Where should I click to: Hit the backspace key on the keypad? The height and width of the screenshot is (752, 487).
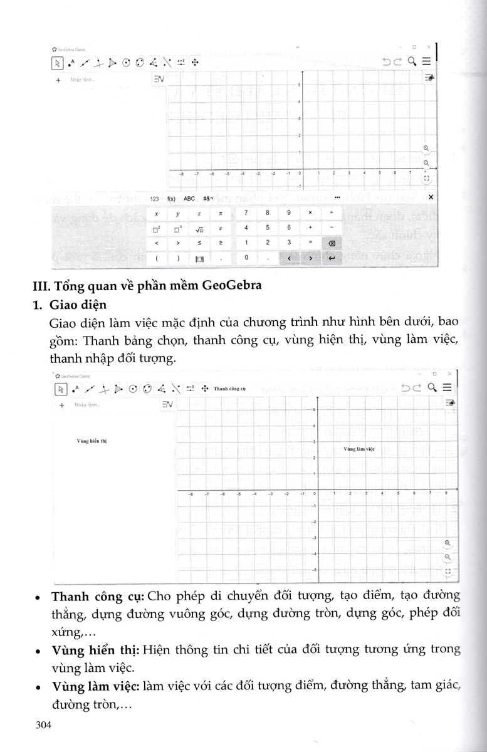(332, 243)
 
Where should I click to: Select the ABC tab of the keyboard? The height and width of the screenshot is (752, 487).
(189, 198)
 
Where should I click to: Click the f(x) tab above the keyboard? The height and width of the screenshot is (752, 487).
(171, 198)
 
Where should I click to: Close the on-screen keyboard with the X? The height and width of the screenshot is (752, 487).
(430, 197)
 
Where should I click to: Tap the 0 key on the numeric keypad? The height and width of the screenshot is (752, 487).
(246, 258)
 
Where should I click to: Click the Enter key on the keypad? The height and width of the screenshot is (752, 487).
(332, 258)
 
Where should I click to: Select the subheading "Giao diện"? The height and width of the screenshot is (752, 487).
(80, 305)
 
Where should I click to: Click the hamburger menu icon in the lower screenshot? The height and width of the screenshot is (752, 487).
(447, 388)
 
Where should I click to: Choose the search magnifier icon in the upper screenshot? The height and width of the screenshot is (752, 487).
(412, 61)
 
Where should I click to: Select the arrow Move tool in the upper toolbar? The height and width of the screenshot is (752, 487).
(57, 62)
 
